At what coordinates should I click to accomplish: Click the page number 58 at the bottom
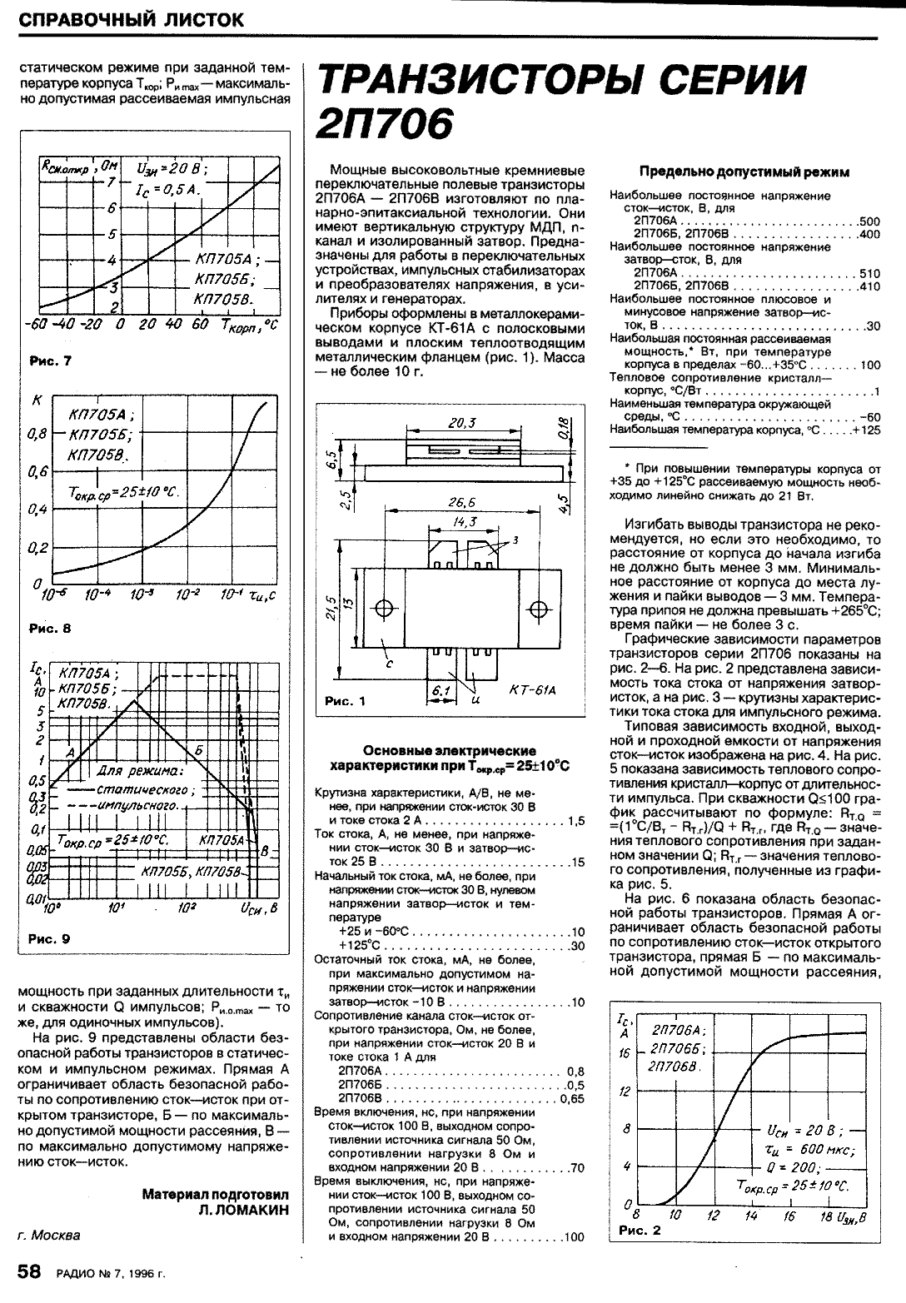29,1272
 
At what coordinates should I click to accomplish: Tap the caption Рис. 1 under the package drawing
345,701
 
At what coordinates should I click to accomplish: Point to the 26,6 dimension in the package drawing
460,503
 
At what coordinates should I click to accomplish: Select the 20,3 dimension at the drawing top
460,423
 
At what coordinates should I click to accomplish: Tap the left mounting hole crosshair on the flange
386,607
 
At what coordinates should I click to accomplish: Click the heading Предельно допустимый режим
744,172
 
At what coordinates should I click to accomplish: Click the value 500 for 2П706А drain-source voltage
869,221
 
